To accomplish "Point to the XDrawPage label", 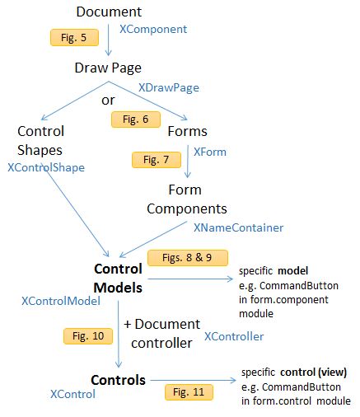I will coord(169,87).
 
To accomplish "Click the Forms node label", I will coord(187,131).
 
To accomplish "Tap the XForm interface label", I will coord(209,152).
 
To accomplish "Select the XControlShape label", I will coord(46,167).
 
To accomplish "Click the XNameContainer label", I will coord(238,227).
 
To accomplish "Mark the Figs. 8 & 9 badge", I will coord(181,256).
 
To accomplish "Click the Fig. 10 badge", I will coord(83,335).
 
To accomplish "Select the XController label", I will coord(234,336).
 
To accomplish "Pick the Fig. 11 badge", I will coord(189,391).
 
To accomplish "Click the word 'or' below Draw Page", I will coord(108,101).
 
